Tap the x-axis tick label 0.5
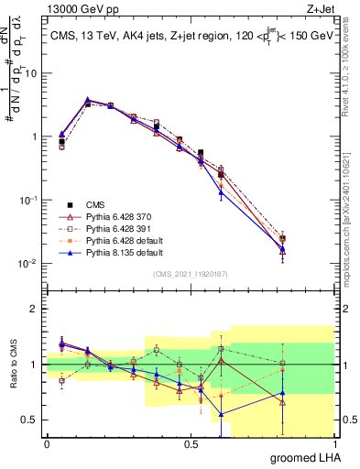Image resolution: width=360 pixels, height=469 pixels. click(x=191, y=444)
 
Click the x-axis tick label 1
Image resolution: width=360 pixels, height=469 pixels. click(x=334, y=444)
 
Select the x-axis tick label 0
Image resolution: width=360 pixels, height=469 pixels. click(x=47, y=444)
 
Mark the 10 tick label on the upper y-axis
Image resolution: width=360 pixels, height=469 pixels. click(x=31, y=73)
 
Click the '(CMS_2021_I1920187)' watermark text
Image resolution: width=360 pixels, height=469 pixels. click(x=191, y=274)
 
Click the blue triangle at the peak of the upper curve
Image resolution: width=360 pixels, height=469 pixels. click(x=87, y=99)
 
